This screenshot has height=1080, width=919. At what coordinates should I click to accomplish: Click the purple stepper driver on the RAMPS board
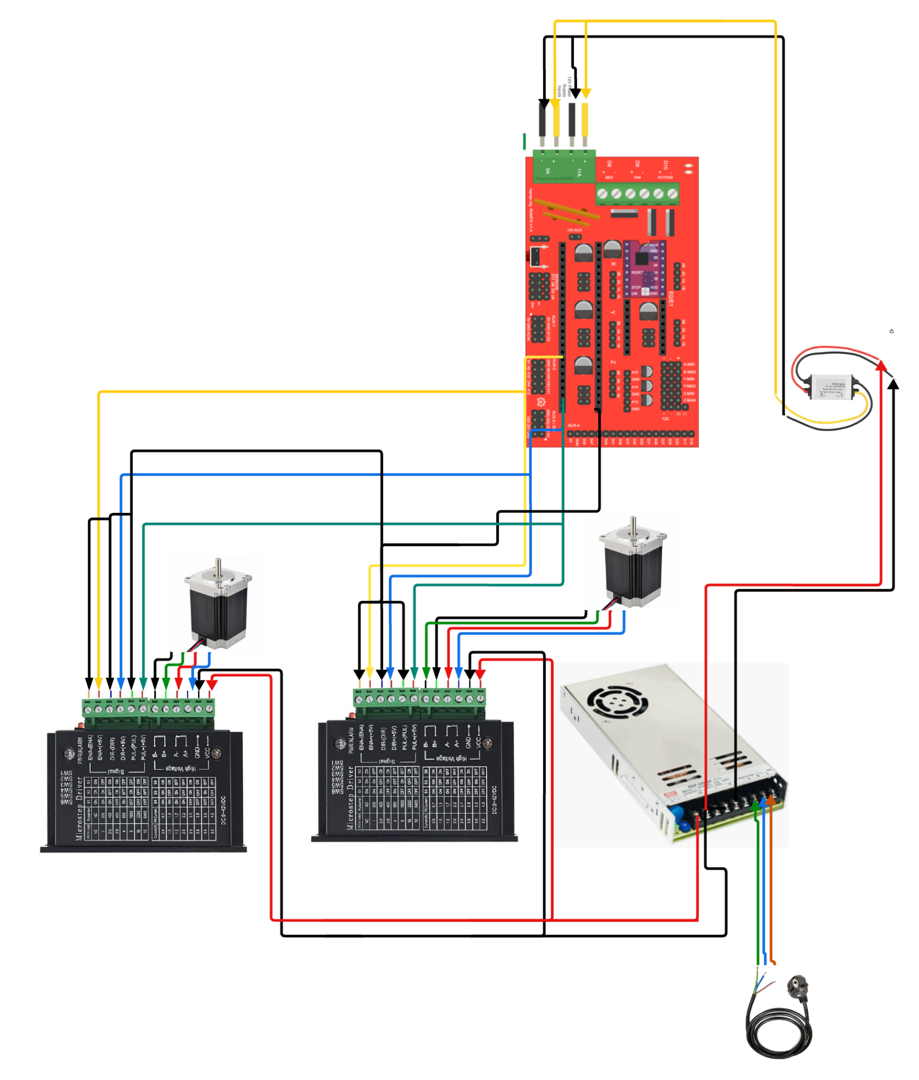pos(645,268)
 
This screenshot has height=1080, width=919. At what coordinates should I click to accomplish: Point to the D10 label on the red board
pos(665,164)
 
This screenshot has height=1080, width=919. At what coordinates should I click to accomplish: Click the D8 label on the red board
pos(609,164)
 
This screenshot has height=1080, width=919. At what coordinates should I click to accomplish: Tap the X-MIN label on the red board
pos(689,364)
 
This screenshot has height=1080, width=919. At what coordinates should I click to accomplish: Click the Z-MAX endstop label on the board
pos(689,400)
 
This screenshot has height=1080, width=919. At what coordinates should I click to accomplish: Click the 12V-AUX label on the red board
pos(574,230)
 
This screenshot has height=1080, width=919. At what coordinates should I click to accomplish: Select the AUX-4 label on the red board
pos(573,425)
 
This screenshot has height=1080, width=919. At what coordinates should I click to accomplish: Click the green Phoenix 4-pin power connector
pos(564,167)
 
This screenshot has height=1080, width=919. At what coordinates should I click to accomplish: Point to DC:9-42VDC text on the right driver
pos(494,799)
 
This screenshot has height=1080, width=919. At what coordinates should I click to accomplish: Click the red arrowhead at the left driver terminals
pos(212,684)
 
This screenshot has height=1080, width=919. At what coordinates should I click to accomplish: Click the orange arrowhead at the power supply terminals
pos(771,800)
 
